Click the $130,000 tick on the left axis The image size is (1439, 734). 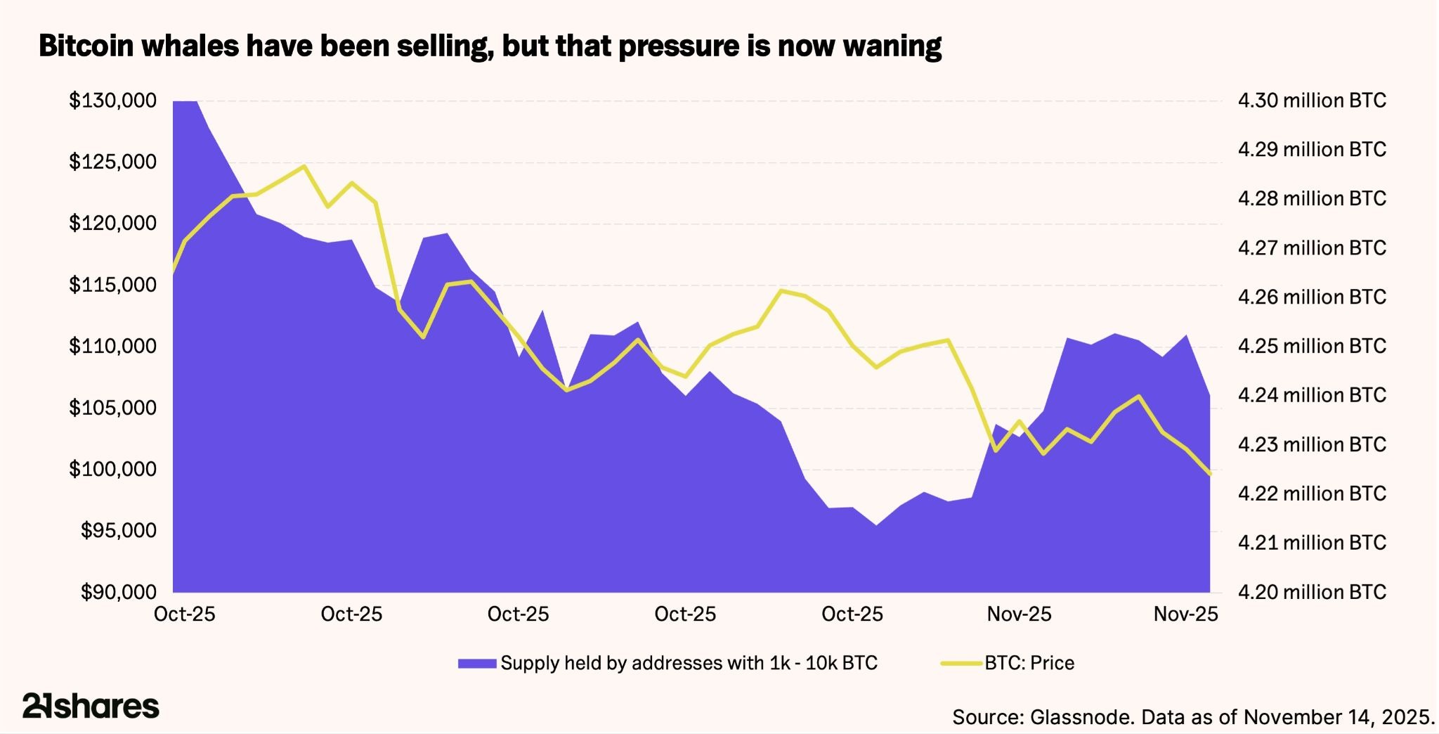click(x=112, y=101)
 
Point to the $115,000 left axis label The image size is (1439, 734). click(x=112, y=285)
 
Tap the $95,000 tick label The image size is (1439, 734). click(x=118, y=530)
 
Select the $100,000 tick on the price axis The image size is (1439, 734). click(x=112, y=469)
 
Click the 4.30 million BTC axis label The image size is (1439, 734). click(x=1312, y=101)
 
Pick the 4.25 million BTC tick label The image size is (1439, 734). click(x=1312, y=346)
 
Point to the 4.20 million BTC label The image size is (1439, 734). click(x=1312, y=592)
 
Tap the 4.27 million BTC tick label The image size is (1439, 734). click(x=1312, y=247)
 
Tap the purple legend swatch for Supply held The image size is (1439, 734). click(x=477, y=663)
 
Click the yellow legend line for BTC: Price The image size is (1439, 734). click(x=961, y=663)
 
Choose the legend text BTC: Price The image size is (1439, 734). click(x=1029, y=663)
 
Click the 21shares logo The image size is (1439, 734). click(x=91, y=706)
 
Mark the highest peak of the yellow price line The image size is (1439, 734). click(x=304, y=167)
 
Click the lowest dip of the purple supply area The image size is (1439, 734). click(x=876, y=524)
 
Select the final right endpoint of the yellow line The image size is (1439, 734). click(x=1209, y=474)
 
